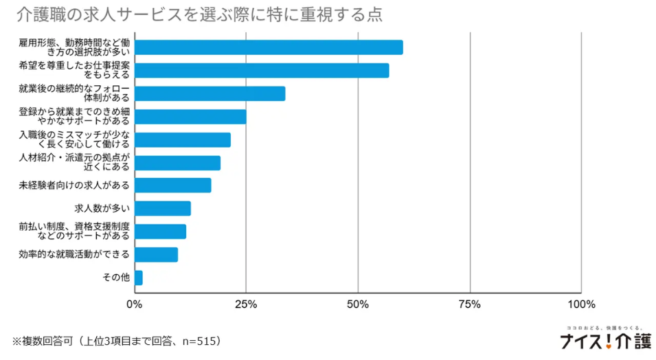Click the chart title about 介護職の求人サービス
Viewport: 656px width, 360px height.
tap(199, 14)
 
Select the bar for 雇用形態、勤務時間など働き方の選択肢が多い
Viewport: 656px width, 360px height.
tap(269, 47)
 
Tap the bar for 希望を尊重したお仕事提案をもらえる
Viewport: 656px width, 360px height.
tap(262, 70)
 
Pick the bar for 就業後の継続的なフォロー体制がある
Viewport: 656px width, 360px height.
tap(210, 93)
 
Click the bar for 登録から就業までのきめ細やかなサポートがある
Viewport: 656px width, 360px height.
tap(190, 116)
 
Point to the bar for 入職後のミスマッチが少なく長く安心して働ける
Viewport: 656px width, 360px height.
tap(183, 139)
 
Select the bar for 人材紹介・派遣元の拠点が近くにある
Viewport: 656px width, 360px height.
tap(177, 163)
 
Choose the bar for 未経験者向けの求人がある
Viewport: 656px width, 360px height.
tap(172, 185)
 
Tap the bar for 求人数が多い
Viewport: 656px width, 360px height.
tap(162, 208)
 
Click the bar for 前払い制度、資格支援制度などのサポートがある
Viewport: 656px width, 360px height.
tap(160, 232)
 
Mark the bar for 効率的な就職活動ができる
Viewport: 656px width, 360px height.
tap(156, 254)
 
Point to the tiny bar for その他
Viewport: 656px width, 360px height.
tap(138, 278)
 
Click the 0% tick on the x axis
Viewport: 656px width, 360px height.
tap(135, 304)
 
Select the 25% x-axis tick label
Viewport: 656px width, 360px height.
tap(246, 304)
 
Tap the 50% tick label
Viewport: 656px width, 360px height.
tap(358, 304)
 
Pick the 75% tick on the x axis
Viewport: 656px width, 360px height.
tap(470, 304)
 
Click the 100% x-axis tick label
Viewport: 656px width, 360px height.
tap(581, 304)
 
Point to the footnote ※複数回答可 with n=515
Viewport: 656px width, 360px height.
tap(117, 341)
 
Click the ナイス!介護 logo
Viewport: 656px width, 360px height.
tap(605, 340)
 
